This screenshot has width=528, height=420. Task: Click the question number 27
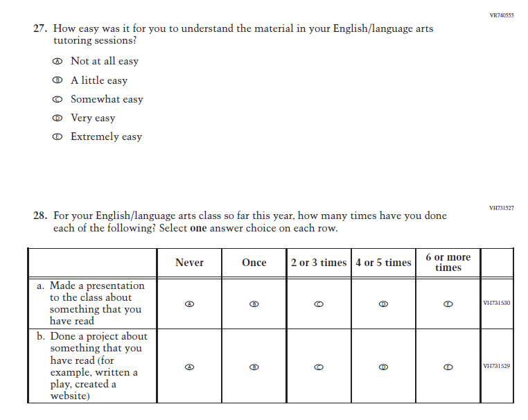(39, 29)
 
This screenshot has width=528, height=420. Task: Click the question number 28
(39, 216)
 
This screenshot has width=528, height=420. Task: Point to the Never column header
(189, 263)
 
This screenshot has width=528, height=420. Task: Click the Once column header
(254, 263)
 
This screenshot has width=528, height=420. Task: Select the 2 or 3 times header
(319, 263)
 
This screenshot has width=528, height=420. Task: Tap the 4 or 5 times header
(383, 263)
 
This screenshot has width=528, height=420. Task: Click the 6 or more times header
(448, 262)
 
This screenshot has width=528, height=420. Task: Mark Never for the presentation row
(189, 304)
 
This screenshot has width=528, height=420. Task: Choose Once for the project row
(254, 367)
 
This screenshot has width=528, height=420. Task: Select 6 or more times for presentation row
(448, 304)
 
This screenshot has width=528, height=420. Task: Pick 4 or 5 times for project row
(383, 367)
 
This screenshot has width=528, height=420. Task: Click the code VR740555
(502, 15)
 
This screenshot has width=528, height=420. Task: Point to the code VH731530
(496, 303)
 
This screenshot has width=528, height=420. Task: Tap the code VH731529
(496, 366)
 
